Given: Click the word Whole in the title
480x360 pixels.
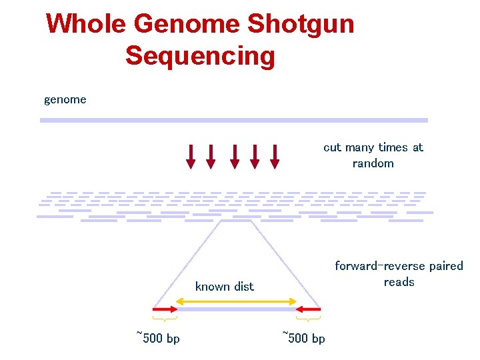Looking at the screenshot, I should click(86, 25).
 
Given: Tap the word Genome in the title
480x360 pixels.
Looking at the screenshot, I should click(187, 25).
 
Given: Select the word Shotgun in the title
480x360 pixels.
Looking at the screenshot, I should click(301, 25).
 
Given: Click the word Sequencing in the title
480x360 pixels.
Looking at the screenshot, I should click(200, 55).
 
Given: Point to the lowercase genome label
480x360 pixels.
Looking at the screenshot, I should click(65, 100).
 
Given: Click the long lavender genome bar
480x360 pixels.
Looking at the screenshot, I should click(233, 120).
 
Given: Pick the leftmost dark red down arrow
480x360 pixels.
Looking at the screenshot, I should click(191, 156).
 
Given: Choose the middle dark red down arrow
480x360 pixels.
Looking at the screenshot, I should click(234, 156).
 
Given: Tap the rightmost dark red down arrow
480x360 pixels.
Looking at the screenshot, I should click(275, 156).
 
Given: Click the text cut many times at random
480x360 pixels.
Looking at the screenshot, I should click(373, 155).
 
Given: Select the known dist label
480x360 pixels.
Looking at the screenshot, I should click(224, 287).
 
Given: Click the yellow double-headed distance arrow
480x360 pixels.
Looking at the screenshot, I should click(236, 301).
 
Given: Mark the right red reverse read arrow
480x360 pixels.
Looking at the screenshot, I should click(309, 309).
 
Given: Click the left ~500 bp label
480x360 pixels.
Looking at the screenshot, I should click(158, 338).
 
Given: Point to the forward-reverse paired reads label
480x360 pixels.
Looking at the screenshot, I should click(399, 274).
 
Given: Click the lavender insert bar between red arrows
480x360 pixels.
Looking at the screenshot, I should click(236, 309).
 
